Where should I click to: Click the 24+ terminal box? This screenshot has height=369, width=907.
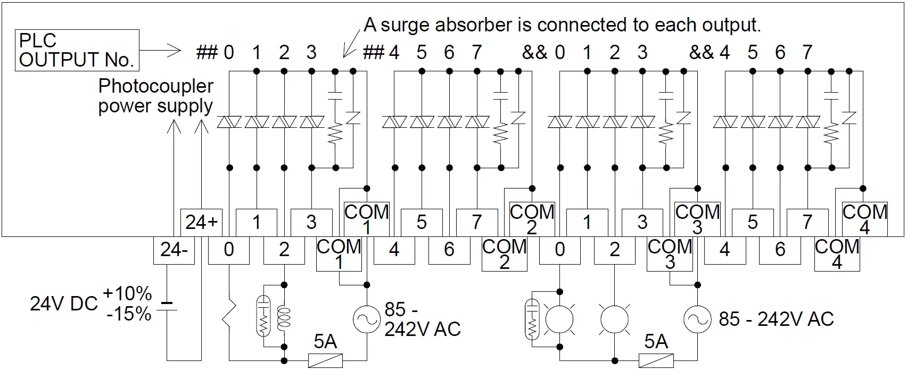pyautogui.click(x=202, y=222)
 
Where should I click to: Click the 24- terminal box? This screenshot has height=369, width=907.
pyautogui.click(x=174, y=249)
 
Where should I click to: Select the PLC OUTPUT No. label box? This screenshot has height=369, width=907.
pyautogui.click(x=77, y=50)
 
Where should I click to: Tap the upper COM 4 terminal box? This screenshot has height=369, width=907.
pyautogui.click(x=864, y=219)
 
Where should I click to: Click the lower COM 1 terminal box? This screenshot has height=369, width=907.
pyautogui.click(x=339, y=254)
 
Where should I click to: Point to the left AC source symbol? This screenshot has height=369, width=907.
pyautogui.click(x=367, y=319)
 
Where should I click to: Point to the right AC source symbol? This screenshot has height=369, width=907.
pyautogui.click(x=697, y=319)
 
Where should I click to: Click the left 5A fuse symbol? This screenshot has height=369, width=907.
pyautogui.click(x=325, y=360)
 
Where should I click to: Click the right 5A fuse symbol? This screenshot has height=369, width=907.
pyautogui.click(x=656, y=360)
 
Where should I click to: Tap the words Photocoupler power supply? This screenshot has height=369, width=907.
pyautogui.click(x=155, y=96)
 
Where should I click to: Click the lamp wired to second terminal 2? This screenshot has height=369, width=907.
pyautogui.click(x=614, y=320)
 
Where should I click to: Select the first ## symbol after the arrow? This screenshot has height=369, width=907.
pyautogui.click(x=207, y=52)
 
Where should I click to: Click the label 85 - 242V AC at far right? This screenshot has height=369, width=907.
pyautogui.click(x=776, y=319)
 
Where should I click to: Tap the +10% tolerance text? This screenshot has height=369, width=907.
pyautogui.click(x=127, y=293)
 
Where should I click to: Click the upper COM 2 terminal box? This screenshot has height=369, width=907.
pyautogui.click(x=532, y=219)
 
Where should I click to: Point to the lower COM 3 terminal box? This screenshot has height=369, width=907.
pyautogui.click(x=669, y=254)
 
